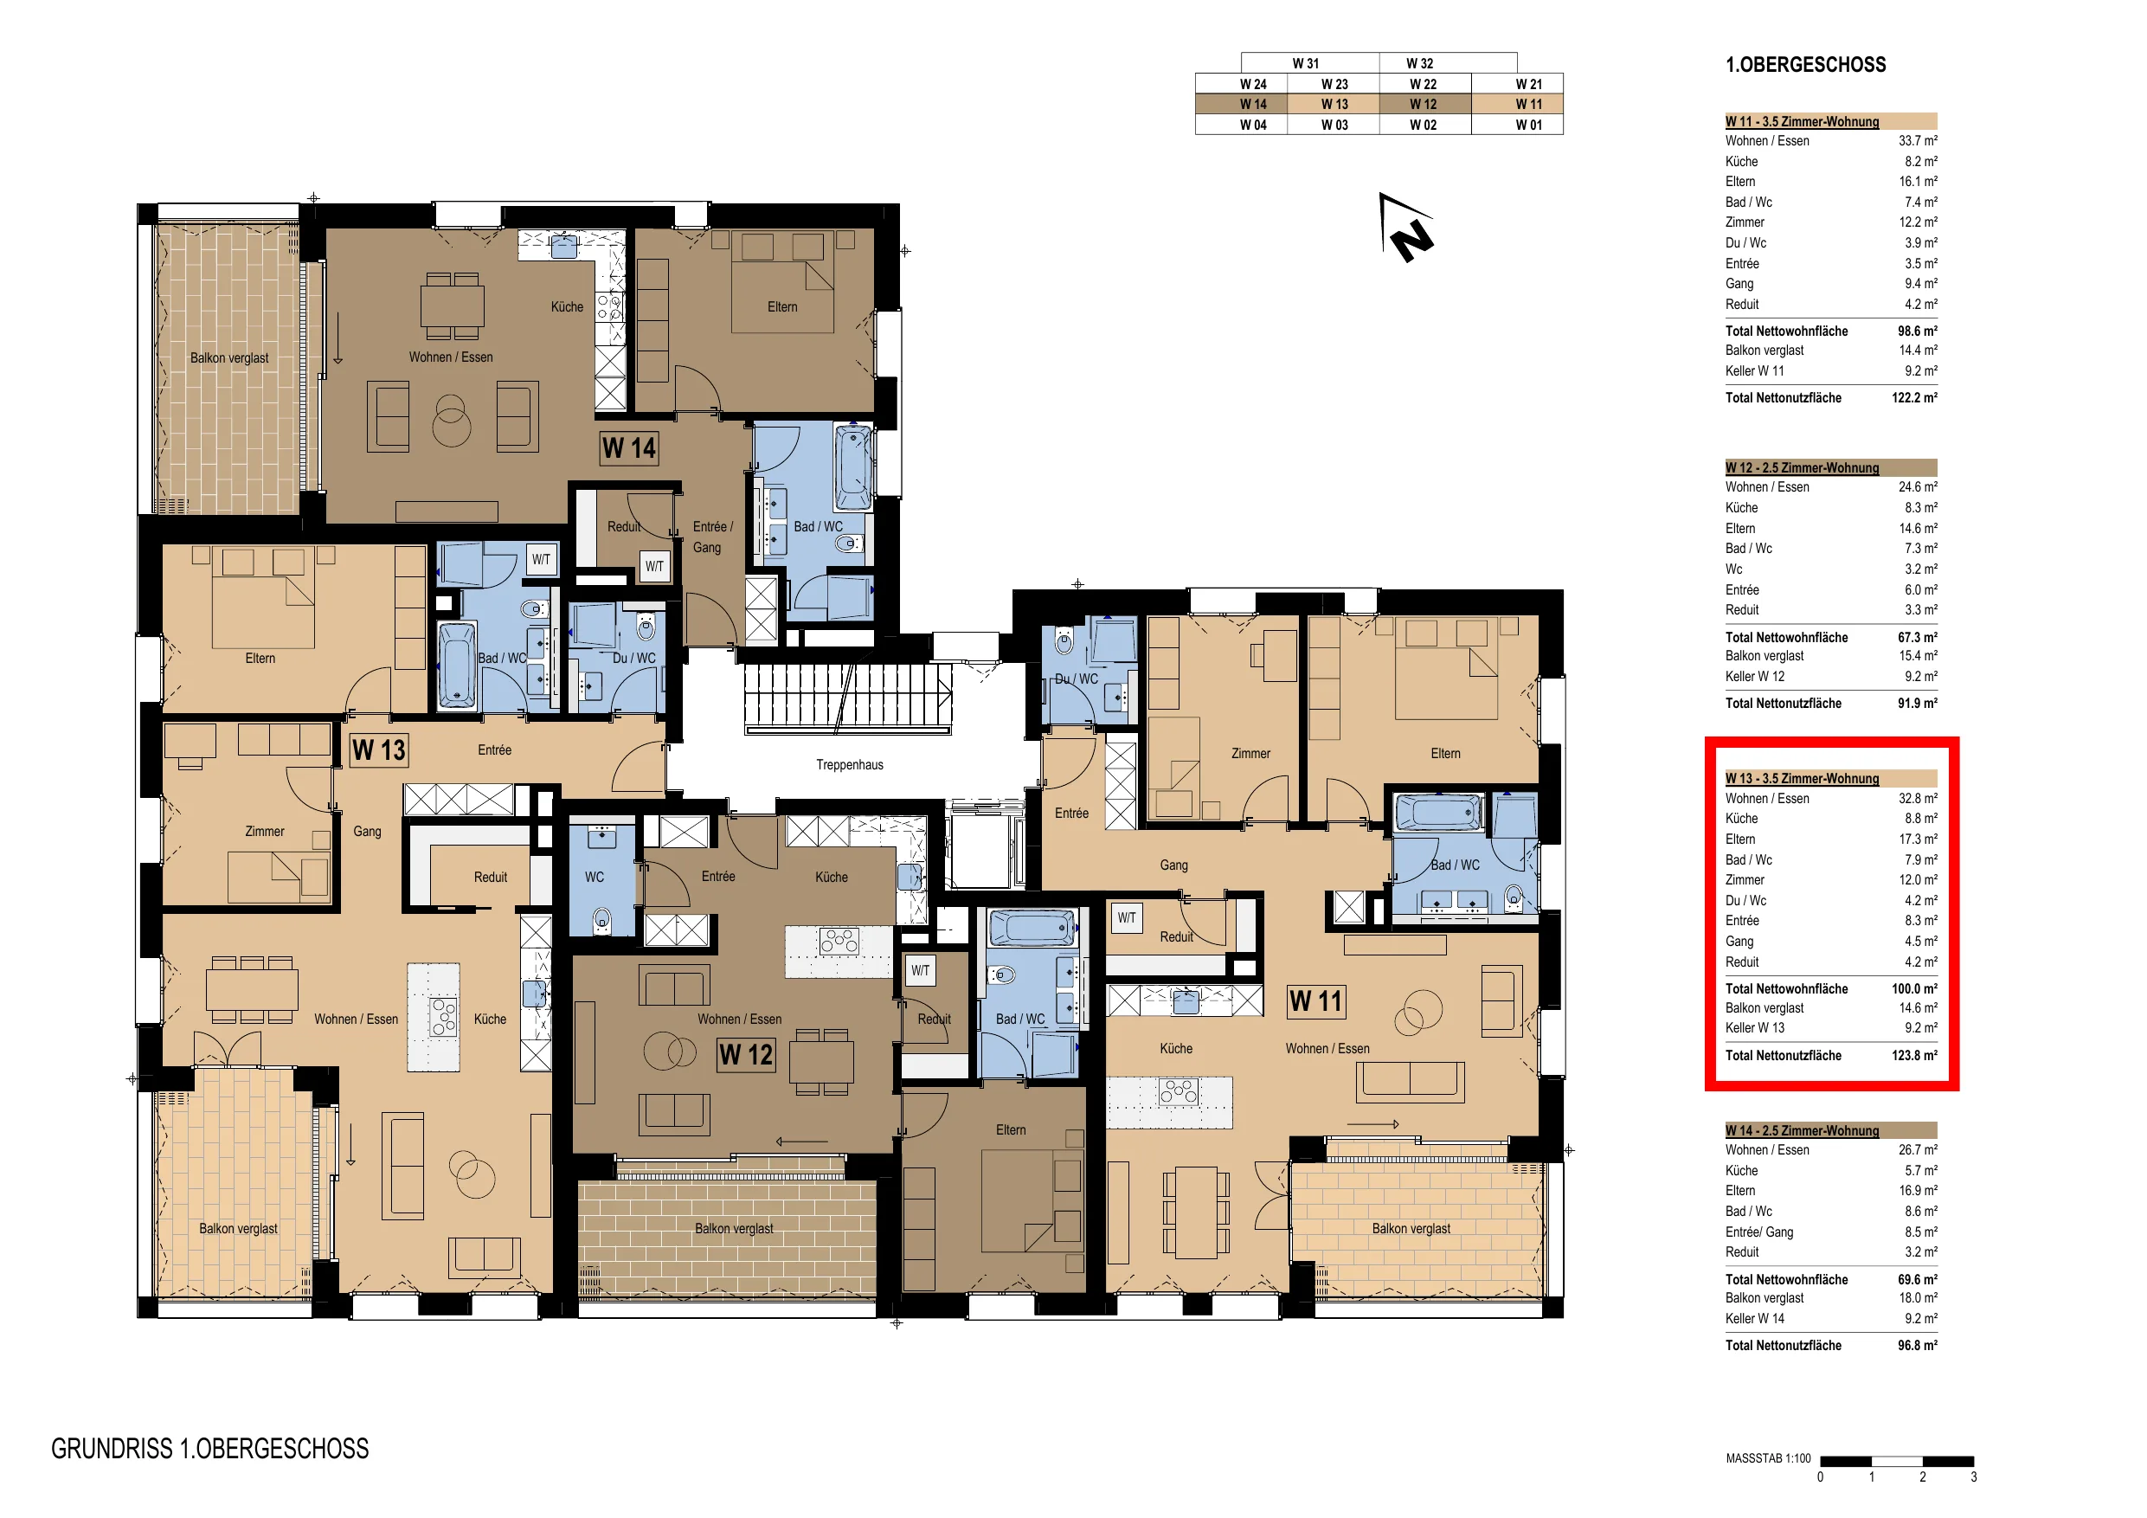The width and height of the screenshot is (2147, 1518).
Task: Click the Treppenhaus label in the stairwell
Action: [849, 765]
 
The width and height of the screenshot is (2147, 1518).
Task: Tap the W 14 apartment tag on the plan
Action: [629, 448]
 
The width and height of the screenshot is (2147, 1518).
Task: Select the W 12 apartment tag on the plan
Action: [746, 1055]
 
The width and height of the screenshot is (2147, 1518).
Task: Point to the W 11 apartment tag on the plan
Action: [1315, 1001]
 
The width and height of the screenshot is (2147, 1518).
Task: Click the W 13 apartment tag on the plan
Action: [379, 750]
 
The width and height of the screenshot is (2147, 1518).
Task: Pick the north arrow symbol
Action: [1406, 228]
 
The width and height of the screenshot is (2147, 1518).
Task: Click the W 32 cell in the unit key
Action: [1419, 63]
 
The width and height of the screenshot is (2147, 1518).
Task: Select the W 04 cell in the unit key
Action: [1253, 125]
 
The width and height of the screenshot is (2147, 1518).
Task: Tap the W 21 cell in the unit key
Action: [1529, 84]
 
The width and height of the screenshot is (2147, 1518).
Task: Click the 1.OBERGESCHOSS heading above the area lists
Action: [1806, 65]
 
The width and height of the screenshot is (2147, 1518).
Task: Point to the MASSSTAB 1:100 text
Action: [1768, 1458]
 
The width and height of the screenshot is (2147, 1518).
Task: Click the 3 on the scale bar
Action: [1974, 1478]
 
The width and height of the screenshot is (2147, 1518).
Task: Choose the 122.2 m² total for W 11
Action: [1914, 397]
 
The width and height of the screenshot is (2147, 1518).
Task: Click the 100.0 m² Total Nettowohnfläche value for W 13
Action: [1914, 988]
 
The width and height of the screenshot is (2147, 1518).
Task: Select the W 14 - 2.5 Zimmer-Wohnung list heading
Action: [1802, 1131]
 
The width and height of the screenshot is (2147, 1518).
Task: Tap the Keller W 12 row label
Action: [1754, 676]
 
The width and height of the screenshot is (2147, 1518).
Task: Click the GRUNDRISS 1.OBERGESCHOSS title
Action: [210, 1449]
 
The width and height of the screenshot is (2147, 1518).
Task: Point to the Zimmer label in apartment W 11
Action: [1250, 754]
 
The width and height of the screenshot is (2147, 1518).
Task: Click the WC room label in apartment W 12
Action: [595, 878]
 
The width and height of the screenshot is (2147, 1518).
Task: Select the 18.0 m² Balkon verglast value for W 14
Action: [1918, 1298]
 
